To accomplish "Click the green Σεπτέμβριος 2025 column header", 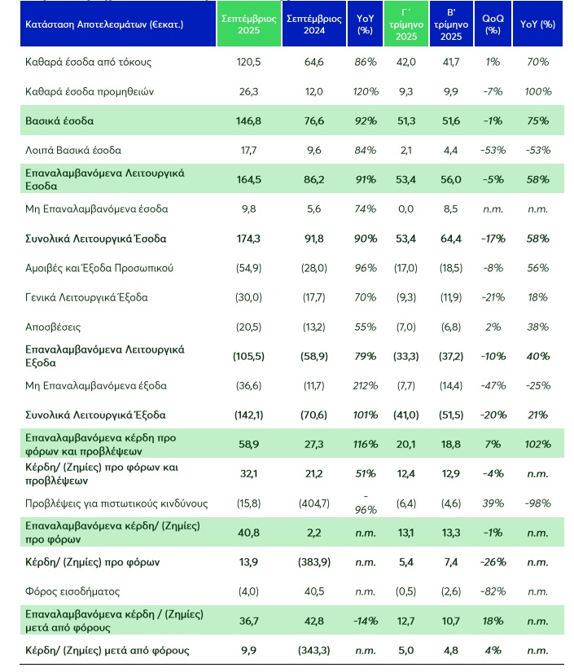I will (250, 24).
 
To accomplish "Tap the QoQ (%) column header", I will (491, 24).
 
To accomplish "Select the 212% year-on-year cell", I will (366, 385).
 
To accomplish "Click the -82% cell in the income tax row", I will (491, 591).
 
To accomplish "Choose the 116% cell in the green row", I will (366, 444).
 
